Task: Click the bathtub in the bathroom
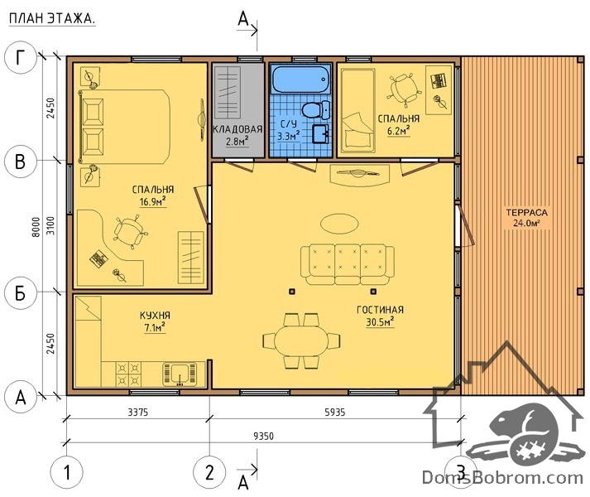point(301,80)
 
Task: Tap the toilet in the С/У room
point(316,109)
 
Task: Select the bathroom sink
point(320,134)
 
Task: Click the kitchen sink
point(180,374)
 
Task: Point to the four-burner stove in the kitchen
point(128,374)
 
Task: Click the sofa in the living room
point(348,264)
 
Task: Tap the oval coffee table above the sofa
point(339,224)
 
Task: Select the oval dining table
point(301,340)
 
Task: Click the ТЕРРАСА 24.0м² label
point(526,218)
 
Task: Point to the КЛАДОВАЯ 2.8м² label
point(237,135)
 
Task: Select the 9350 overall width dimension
point(263,436)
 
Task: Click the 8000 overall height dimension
point(36,227)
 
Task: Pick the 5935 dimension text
point(335,413)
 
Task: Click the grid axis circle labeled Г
point(21,59)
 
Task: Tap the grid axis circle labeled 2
point(209,472)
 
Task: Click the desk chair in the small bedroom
point(403,89)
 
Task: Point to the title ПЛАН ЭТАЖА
point(52,19)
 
